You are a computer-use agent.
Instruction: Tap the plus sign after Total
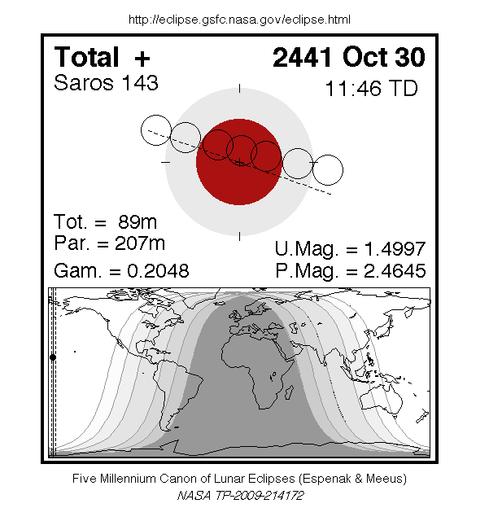[142, 59]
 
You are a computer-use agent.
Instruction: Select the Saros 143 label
[106, 83]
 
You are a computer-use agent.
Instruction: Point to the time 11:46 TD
[371, 88]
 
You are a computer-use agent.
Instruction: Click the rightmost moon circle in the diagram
[328, 169]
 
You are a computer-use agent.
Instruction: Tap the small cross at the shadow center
[239, 163]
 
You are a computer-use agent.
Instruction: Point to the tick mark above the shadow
[239, 88]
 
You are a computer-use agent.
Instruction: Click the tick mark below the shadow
[239, 237]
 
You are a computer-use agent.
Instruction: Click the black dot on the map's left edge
[53, 357]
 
